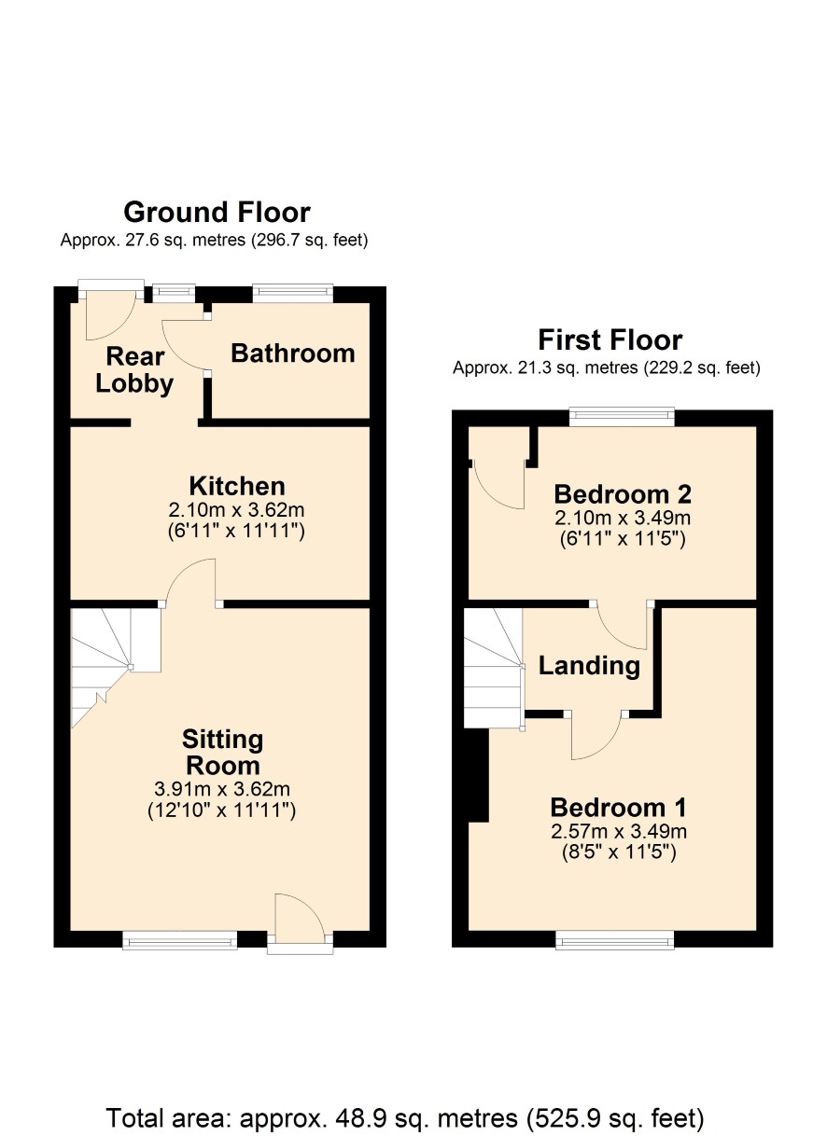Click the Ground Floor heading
[217, 212]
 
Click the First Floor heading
[610, 339]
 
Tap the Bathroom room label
[293, 353]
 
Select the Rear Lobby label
[134, 369]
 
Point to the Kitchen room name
[237, 486]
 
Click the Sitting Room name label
[223, 752]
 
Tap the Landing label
[589, 666]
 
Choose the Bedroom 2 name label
[623, 494]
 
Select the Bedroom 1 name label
[618, 808]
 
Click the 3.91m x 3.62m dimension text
[222, 789]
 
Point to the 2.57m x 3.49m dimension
[619, 832]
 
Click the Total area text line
[405, 1118]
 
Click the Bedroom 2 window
[622, 416]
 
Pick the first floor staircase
[494, 668]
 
